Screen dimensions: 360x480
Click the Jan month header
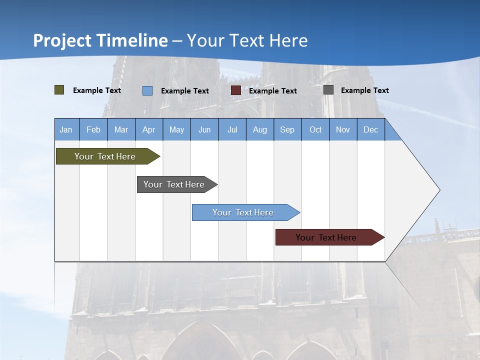pyautogui.click(x=66, y=129)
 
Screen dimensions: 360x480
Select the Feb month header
pyautogui.click(x=93, y=129)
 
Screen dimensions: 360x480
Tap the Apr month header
pyautogui.click(x=149, y=129)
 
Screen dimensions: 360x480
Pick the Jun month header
pyautogui.click(x=204, y=129)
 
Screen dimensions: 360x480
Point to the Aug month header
pyautogui.click(x=260, y=129)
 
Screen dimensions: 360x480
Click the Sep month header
pyautogui.click(x=287, y=129)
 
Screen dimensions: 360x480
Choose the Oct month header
pyautogui.click(x=315, y=129)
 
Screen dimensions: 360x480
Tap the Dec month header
pyautogui.click(x=371, y=129)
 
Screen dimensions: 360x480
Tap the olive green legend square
pyautogui.click(x=59, y=90)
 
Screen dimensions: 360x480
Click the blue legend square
pyautogui.click(x=147, y=90)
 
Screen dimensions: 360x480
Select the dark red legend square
pyautogui.click(x=236, y=90)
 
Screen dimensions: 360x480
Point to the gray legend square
pyautogui.click(x=328, y=90)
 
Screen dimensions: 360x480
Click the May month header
pyautogui.click(x=176, y=129)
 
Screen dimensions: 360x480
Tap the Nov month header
pyautogui.click(x=343, y=129)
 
